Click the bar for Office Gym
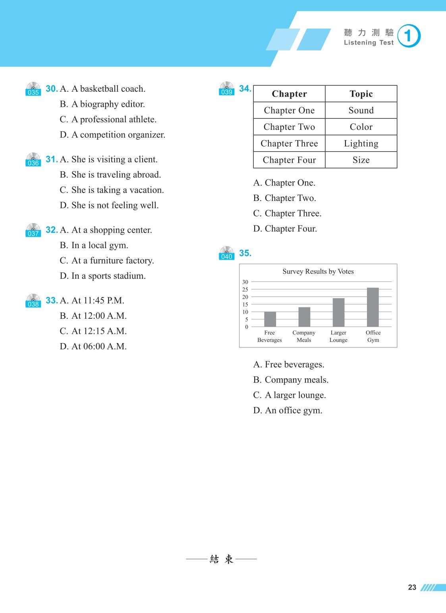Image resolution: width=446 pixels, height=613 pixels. coord(373,307)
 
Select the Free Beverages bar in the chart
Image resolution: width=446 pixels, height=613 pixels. coord(270,319)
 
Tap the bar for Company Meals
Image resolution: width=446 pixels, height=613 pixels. coord(304,317)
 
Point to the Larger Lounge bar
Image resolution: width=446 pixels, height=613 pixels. coord(338,312)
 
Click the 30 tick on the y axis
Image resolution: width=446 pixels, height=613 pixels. coord(245,282)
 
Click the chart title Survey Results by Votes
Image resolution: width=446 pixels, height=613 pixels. coord(318,272)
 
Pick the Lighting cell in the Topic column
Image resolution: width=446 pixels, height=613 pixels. coord(361,143)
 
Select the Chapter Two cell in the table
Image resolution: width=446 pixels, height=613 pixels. coord(289,127)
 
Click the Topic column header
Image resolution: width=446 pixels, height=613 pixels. coord(361,94)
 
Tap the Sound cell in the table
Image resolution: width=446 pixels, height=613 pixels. coord(361,110)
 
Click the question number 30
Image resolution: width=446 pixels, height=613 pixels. coord(52,89)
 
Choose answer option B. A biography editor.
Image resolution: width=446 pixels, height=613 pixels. coord(102,104)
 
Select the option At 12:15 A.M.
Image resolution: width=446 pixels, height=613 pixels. coord(93,331)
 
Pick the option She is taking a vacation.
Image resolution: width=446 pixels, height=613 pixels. coord(112,190)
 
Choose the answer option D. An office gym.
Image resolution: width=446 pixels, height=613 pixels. coord(288,411)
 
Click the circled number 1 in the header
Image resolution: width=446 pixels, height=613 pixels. coord(409,36)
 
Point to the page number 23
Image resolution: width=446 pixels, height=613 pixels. coord(412,588)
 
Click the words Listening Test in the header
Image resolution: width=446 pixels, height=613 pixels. coord(369,43)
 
